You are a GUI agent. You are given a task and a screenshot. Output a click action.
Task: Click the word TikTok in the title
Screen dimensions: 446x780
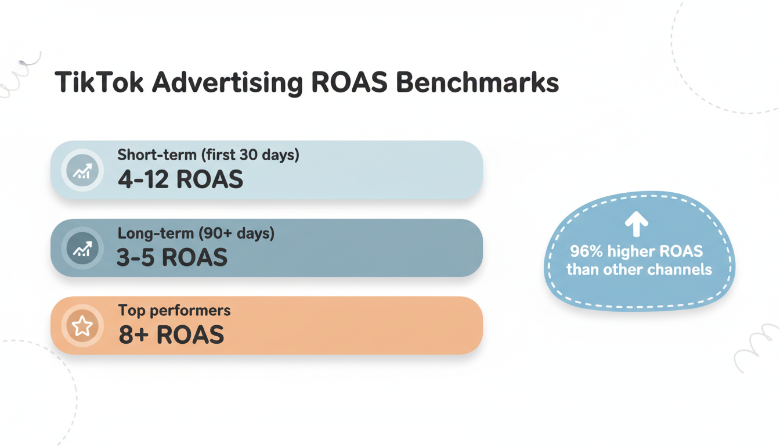coord(99,82)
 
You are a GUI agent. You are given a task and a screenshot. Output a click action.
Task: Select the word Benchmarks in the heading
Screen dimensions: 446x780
coord(477,82)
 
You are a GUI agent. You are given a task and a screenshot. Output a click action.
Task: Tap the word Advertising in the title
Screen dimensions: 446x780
coord(228,82)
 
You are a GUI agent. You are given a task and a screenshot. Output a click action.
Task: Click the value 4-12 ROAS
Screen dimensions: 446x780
coord(180,180)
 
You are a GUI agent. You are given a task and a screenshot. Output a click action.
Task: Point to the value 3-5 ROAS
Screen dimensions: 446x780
coord(172,258)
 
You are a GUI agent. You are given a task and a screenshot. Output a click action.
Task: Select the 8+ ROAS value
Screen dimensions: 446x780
coord(171,335)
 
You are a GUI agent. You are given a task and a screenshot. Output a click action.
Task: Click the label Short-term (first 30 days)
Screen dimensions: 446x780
coord(208,155)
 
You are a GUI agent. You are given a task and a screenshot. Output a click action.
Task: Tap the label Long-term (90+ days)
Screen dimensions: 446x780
coord(196,233)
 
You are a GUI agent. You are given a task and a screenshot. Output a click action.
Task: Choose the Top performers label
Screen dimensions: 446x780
coord(174,311)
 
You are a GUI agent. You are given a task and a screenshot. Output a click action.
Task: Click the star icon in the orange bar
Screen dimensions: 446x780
coord(82,326)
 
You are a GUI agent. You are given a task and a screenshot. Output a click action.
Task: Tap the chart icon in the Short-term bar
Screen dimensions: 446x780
coord(82,171)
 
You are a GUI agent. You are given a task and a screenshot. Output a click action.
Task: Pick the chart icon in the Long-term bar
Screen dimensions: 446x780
coord(82,249)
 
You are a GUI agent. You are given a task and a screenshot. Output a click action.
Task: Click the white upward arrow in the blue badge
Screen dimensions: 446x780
coord(637,224)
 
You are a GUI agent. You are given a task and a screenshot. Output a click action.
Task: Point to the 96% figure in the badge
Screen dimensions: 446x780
coord(587,251)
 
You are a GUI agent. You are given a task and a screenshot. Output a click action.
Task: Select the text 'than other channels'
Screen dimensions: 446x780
coord(639,269)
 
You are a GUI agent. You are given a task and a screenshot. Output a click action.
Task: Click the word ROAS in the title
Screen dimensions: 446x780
coord(349,82)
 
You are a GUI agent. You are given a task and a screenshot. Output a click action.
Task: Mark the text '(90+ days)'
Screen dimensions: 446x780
coord(236,233)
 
